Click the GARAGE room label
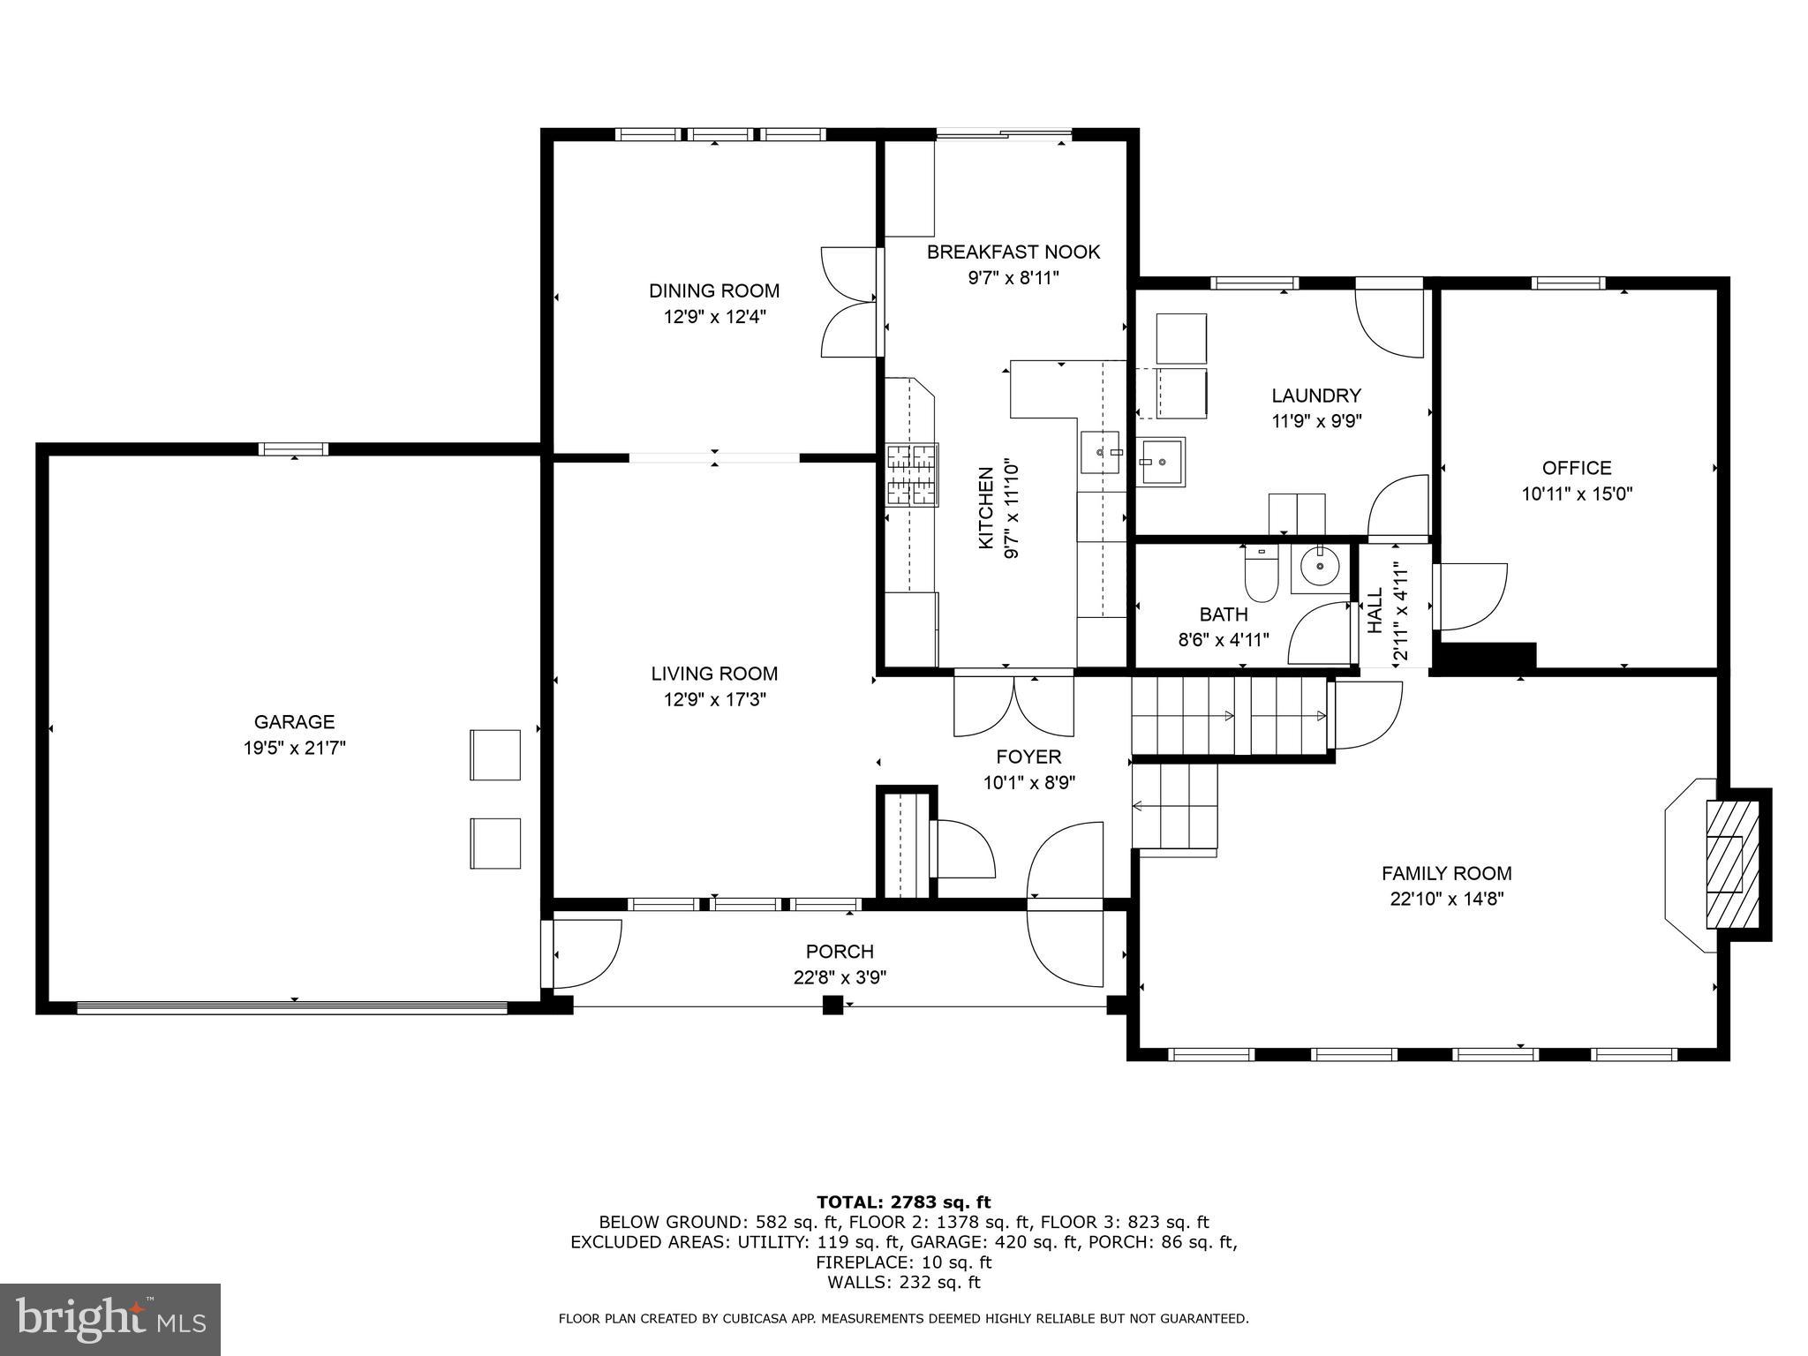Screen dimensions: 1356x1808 294,722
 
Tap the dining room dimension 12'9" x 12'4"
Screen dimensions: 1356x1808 714,317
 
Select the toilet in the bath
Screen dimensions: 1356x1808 1261,575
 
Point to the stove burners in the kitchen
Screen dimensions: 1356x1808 911,475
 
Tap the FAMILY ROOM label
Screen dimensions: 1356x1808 1446,873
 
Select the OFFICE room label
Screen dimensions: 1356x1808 1577,468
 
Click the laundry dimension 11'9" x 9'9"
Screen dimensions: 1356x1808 1315,422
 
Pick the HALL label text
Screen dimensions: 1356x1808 1375,611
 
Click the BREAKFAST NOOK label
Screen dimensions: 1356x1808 1013,252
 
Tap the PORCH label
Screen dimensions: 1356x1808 840,952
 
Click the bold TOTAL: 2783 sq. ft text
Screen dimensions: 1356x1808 903,1202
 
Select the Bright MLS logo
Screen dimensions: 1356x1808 110,1319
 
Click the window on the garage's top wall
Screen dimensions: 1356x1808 294,449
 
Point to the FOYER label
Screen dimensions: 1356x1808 1028,757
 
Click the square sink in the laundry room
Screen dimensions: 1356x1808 1162,461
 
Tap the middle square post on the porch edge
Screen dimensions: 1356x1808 832,1005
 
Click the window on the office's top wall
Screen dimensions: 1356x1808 1567,283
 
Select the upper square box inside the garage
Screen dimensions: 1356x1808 495,754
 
